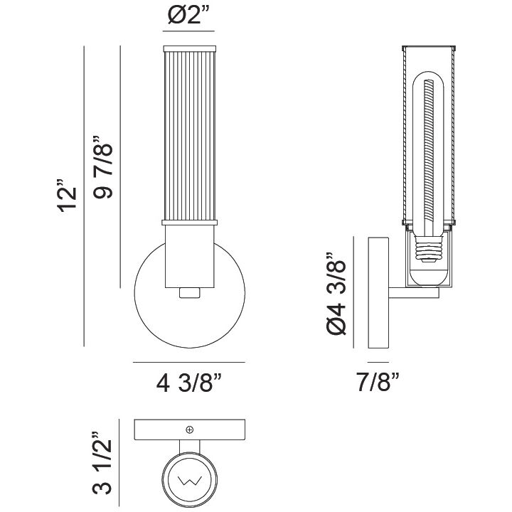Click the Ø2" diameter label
point(188,16)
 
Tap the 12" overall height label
point(68,196)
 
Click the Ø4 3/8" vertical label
point(336,294)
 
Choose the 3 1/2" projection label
point(102,463)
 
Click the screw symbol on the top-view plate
point(189,430)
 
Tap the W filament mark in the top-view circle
point(190,480)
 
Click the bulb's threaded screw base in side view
point(428,249)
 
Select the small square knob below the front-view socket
point(190,292)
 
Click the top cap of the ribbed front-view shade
point(190,48)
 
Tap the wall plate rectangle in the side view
point(378,293)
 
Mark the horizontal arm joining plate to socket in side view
point(414,293)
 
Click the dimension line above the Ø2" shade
point(188,31)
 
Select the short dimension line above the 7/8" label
point(378,362)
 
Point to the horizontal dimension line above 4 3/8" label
point(189,362)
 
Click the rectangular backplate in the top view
point(190,430)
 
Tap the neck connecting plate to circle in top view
point(190,446)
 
